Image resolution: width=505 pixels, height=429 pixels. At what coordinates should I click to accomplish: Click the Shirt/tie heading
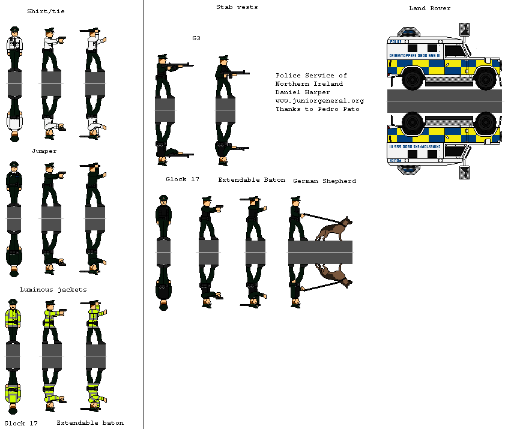46,11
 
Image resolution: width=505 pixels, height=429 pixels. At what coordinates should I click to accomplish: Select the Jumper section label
44,151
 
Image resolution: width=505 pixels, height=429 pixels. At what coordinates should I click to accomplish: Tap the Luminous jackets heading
53,290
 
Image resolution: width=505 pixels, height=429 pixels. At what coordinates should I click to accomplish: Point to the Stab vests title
237,7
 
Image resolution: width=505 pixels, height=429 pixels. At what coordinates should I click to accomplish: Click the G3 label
196,38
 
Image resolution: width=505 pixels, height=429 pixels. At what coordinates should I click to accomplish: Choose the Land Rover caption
429,8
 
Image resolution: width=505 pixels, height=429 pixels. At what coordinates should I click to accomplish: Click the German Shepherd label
325,181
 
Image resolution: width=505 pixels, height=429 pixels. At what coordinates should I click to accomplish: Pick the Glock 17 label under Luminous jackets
21,423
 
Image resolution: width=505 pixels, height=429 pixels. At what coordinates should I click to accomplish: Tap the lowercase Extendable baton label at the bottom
90,423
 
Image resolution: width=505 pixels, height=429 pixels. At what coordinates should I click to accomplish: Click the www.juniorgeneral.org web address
320,101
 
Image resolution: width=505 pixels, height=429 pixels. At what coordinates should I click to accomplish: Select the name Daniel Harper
303,92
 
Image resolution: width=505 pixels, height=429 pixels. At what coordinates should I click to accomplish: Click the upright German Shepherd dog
334,229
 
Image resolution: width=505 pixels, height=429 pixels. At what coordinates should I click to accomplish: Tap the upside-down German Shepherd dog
334,276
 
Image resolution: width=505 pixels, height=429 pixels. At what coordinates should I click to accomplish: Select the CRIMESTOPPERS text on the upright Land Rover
401,56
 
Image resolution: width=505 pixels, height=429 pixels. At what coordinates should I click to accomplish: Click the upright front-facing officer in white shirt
14,49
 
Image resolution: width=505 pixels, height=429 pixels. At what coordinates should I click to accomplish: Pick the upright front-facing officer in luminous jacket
13,321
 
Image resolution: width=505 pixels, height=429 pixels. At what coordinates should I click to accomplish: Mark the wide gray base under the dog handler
320,252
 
